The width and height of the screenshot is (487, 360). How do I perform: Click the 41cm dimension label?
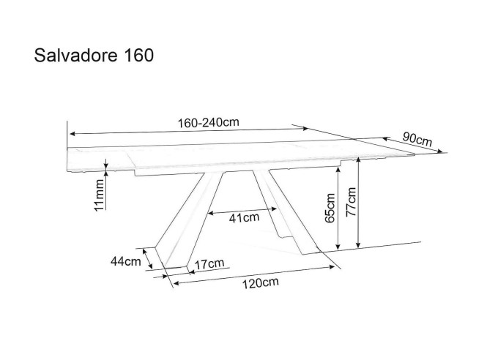coord(245,217)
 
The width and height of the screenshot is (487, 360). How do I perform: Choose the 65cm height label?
coord(330,207)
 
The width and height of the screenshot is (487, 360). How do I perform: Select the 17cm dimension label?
coord(210,263)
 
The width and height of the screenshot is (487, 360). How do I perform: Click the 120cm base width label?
coord(260,282)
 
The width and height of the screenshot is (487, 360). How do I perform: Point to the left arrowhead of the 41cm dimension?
coord(210,214)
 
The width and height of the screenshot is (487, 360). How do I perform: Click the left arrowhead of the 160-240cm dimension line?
coord(70,134)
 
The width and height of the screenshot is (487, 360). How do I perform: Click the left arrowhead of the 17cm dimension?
coord(190,270)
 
